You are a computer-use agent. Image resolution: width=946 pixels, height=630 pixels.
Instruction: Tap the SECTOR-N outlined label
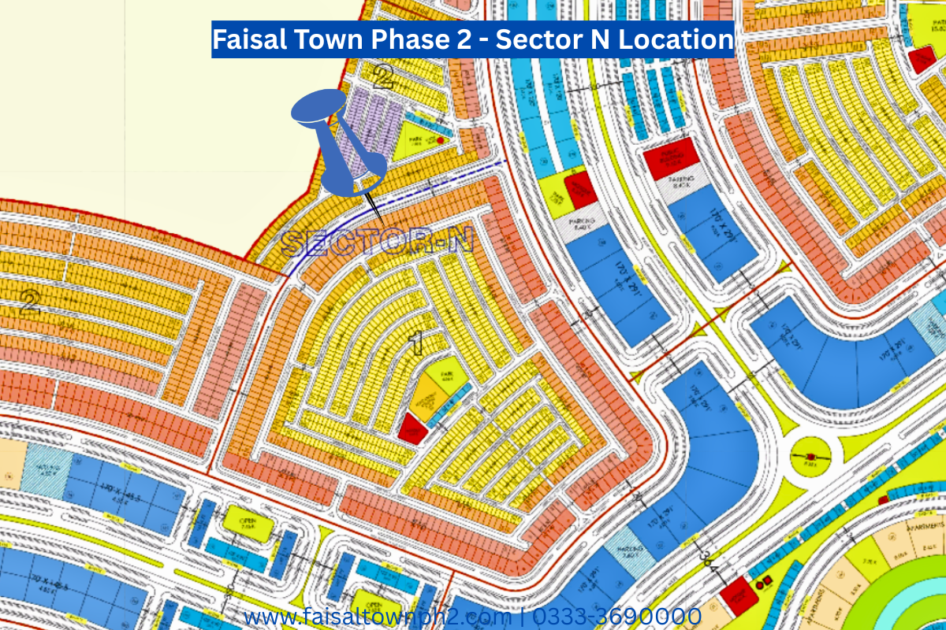[x=377, y=241]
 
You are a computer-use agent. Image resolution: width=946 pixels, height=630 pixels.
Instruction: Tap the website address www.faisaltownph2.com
[x=378, y=616]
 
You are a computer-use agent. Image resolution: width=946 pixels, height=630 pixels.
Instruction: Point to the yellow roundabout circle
[x=809, y=458]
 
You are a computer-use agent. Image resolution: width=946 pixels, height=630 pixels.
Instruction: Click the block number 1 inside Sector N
[x=416, y=342]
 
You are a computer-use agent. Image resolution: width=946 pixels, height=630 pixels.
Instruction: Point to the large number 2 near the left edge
[x=30, y=302]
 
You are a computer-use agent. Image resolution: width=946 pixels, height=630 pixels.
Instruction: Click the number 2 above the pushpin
[x=383, y=76]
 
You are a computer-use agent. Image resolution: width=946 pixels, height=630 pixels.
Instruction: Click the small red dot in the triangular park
[x=440, y=139]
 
